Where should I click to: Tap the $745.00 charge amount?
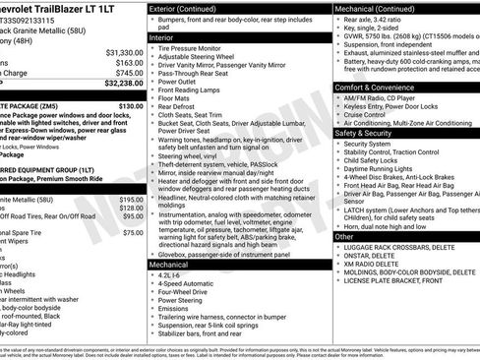coord(128,73)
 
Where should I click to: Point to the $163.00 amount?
coord(128,62)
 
